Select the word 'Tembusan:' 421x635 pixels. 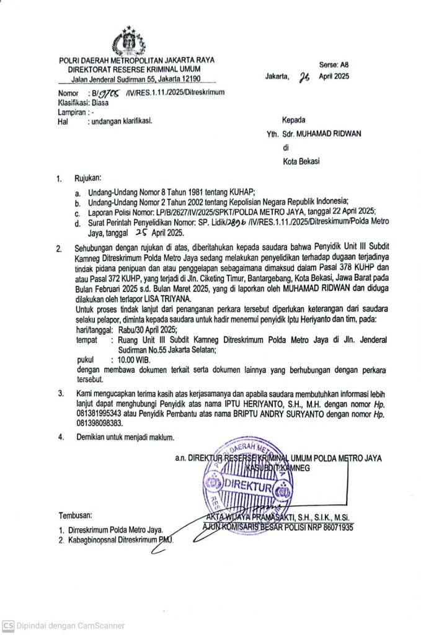coord(74,515)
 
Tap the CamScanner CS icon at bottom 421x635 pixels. coord(8,626)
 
